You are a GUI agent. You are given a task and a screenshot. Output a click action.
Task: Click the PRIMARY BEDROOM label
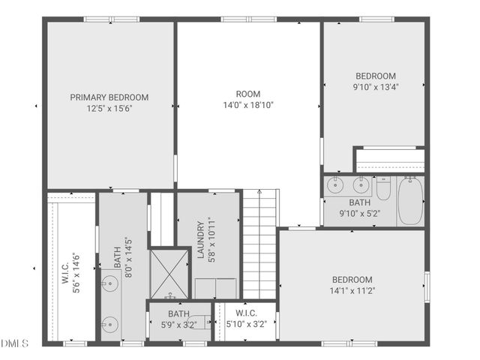point(109,97)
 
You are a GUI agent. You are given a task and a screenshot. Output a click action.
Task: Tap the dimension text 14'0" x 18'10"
point(248,105)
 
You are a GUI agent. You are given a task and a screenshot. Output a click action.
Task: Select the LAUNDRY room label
point(201,239)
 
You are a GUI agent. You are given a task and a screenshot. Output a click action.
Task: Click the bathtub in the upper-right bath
point(411,201)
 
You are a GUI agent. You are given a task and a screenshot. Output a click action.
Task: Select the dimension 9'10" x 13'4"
point(376,86)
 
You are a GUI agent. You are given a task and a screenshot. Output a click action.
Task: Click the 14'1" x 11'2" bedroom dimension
point(352,290)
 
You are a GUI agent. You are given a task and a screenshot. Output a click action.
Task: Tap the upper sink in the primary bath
point(110,283)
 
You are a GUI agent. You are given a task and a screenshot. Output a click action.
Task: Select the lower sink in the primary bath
point(110,324)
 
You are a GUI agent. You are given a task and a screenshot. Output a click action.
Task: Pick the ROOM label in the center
point(248,94)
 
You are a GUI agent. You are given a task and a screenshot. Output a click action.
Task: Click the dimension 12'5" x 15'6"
point(109,108)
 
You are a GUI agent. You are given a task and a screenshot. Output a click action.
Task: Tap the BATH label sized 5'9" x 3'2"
point(178,313)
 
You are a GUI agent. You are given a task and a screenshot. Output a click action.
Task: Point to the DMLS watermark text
point(14,344)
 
